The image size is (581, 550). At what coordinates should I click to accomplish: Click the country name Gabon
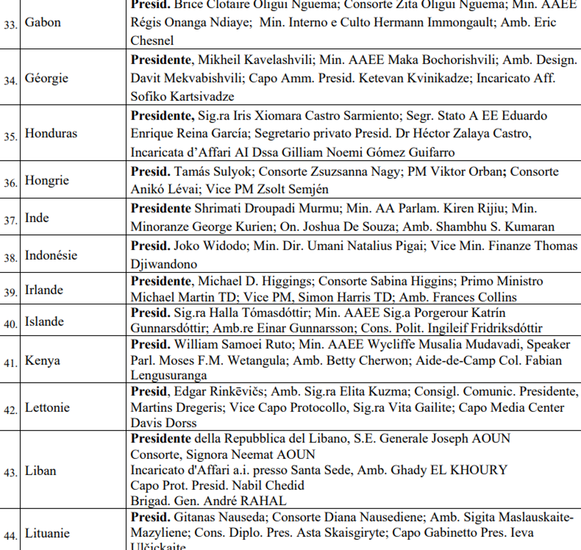(43, 23)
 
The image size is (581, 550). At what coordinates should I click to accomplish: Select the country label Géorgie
(46, 78)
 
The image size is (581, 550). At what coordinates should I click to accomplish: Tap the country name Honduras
(51, 133)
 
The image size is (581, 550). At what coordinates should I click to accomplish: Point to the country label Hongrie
(47, 181)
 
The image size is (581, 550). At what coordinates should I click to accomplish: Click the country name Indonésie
(51, 255)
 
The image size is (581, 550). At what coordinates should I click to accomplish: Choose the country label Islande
(44, 321)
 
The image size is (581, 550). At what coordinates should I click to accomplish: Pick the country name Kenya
(43, 361)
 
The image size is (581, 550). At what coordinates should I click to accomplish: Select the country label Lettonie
(47, 407)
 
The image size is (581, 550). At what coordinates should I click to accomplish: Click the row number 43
(10, 472)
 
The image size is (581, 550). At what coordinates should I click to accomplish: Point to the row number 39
(10, 291)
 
